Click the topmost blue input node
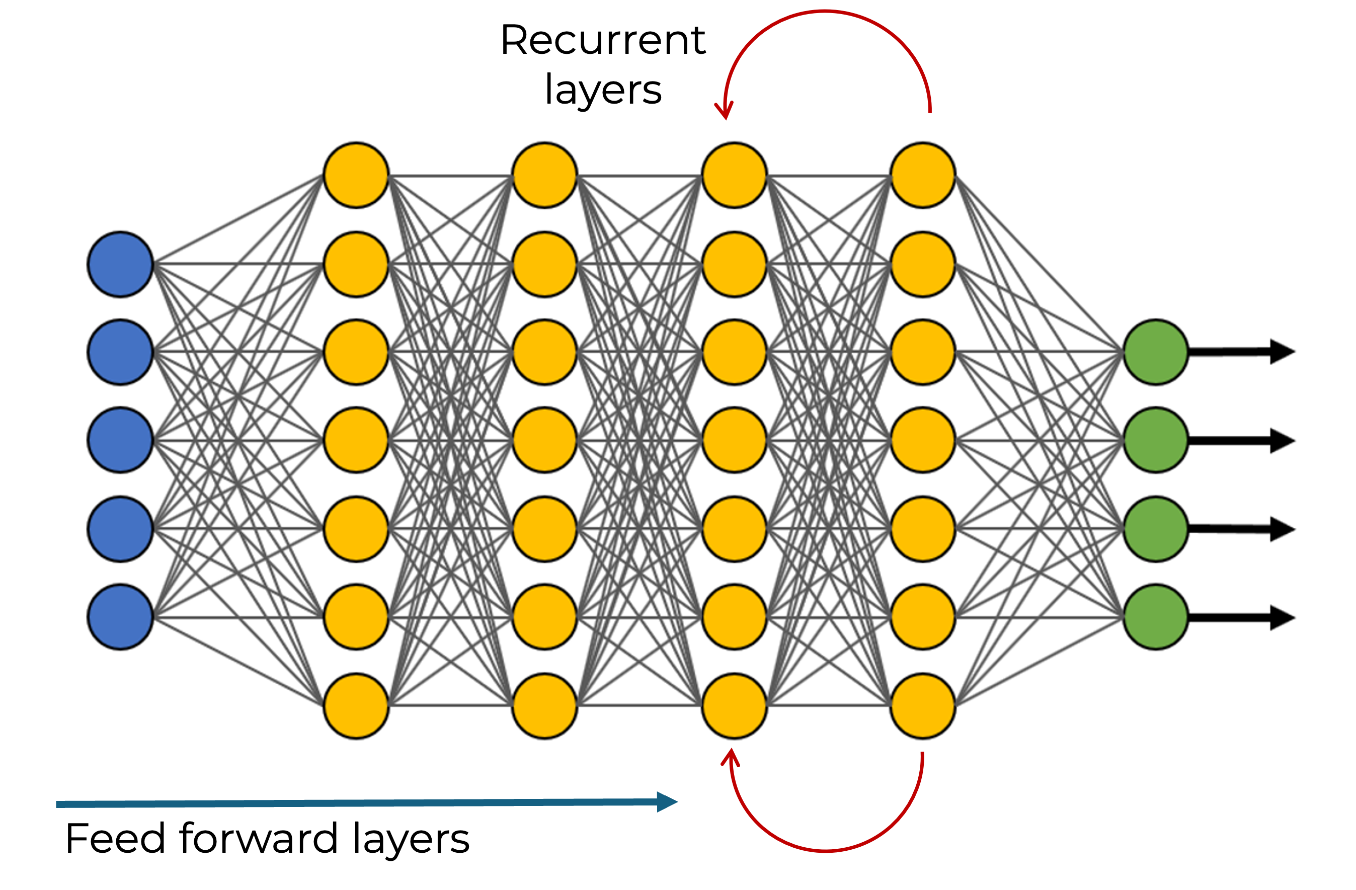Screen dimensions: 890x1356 (120, 264)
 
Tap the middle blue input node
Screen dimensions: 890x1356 (120, 440)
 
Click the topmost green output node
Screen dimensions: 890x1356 (1155, 352)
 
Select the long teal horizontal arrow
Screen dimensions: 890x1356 (365, 803)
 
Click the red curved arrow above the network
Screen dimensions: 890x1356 (826, 12)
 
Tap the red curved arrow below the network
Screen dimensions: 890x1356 (826, 850)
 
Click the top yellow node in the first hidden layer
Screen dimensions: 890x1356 (356, 175)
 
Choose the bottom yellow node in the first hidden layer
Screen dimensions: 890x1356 (356, 706)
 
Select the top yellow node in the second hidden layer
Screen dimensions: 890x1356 (545, 175)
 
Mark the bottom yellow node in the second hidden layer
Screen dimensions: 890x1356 (545, 706)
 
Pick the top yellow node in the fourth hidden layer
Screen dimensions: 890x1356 (923, 175)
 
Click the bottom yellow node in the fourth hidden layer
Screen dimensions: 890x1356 (923, 706)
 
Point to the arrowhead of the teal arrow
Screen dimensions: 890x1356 (667, 801)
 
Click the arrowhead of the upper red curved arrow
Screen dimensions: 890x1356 (724, 111)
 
